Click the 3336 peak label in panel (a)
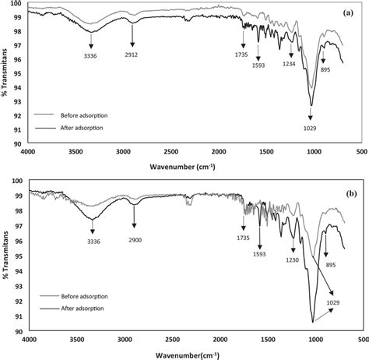pyautogui.click(x=93, y=56)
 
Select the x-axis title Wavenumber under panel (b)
pyautogui.click(x=187, y=355)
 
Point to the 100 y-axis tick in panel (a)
pyautogui.click(x=13, y=5)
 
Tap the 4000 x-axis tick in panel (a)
pyautogui.click(x=29, y=152)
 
